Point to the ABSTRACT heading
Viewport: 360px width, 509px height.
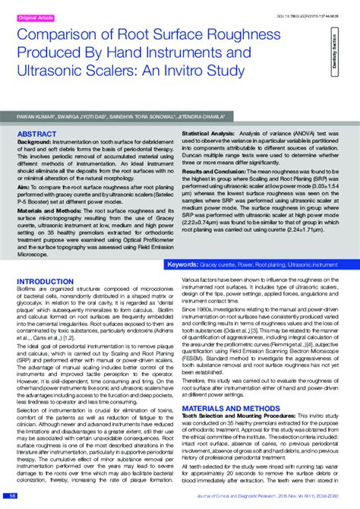(37, 134)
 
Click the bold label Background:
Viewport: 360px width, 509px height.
(35, 142)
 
